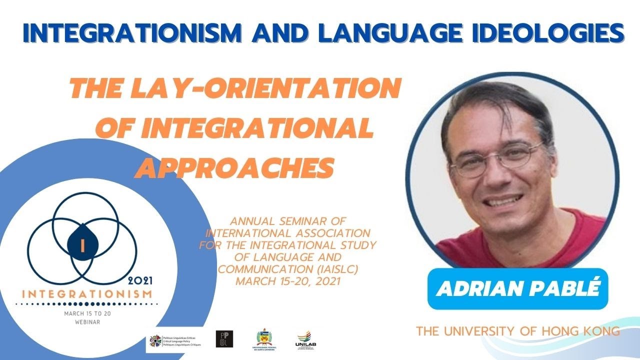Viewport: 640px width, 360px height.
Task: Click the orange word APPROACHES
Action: click(234, 168)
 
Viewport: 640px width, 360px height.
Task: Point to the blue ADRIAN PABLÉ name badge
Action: click(517, 288)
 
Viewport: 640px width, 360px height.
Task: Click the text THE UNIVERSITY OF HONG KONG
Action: click(517, 331)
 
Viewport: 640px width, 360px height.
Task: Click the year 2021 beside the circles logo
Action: click(140, 280)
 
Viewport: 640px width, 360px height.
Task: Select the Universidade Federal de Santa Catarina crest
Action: click(264, 339)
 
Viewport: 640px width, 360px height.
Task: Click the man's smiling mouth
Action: click(505, 200)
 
